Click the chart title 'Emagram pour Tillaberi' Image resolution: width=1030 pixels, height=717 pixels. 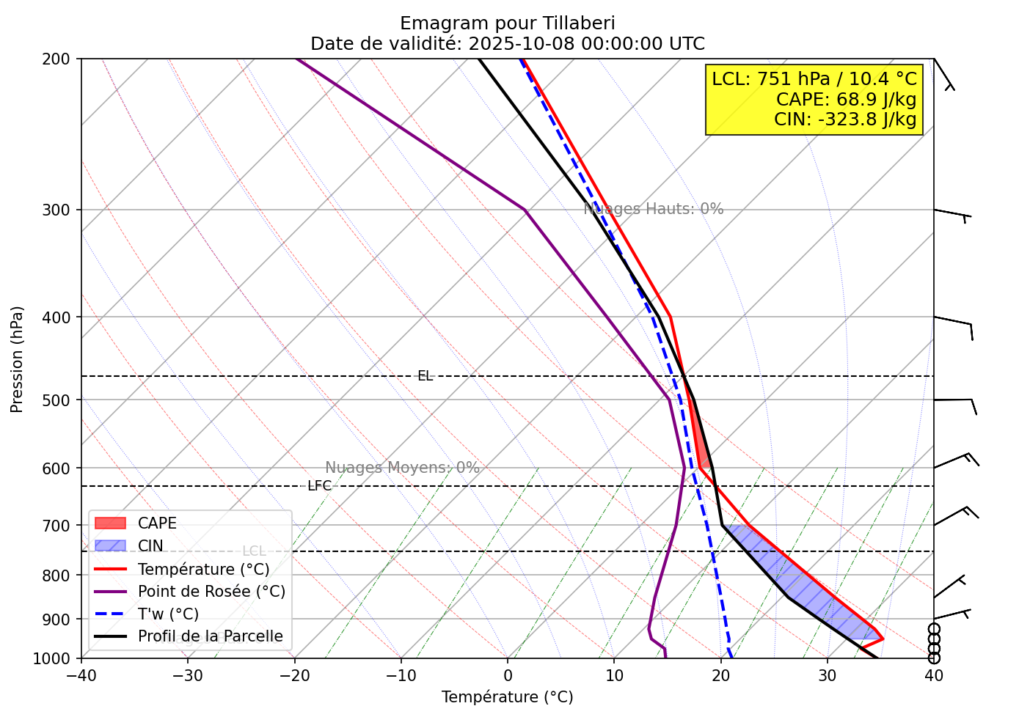tap(508, 23)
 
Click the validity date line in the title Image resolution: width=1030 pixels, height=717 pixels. tap(508, 44)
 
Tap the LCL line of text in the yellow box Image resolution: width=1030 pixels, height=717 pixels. tap(814, 79)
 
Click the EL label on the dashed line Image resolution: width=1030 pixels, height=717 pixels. tap(425, 376)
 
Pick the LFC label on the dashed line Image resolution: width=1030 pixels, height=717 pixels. tap(319, 486)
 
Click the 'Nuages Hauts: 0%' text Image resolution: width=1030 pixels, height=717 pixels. tap(653, 209)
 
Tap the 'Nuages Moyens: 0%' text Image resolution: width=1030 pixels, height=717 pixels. tap(402, 468)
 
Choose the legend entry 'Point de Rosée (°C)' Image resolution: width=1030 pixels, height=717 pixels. tap(211, 591)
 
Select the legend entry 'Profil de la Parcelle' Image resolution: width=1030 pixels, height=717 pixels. tap(210, 636)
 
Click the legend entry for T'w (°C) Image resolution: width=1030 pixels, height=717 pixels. tap(168, 614)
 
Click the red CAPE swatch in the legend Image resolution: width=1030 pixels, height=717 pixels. tap(111, 523)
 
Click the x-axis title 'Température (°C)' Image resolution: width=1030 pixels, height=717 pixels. tap(507, 697)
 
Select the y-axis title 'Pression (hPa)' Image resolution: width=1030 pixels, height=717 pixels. tap(17, 359)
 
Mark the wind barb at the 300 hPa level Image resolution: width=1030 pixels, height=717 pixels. tap(952, 214)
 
